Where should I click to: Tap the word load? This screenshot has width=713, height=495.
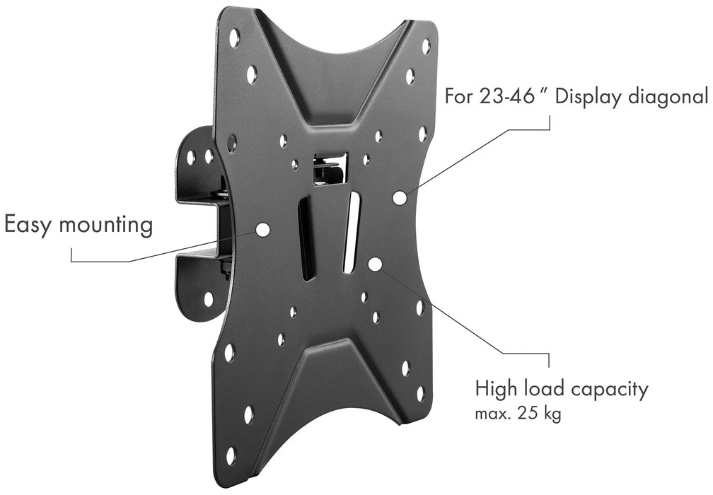543,390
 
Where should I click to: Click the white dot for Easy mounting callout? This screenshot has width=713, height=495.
262,229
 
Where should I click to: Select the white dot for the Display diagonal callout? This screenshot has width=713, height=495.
400,198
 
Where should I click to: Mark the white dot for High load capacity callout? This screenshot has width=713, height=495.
375,264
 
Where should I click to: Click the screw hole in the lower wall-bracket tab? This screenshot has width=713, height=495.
209,299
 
